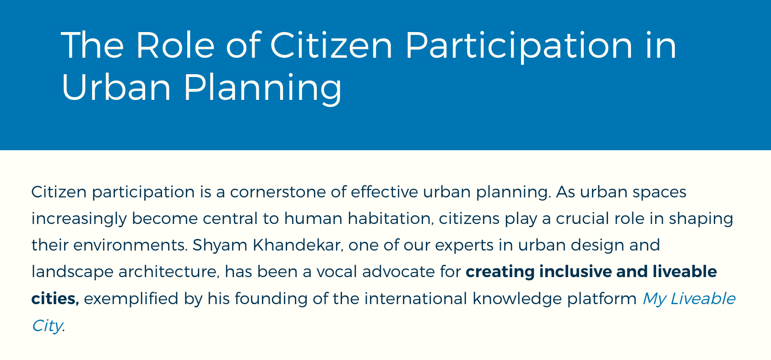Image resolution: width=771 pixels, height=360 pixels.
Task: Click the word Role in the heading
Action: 175,45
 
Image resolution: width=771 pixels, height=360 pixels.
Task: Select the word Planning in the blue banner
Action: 263,88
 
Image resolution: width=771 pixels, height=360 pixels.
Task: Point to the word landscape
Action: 73,272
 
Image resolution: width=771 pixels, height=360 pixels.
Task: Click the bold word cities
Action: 55,298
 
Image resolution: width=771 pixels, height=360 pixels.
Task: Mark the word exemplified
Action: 131,299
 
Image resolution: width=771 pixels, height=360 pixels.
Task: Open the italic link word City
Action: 47,326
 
